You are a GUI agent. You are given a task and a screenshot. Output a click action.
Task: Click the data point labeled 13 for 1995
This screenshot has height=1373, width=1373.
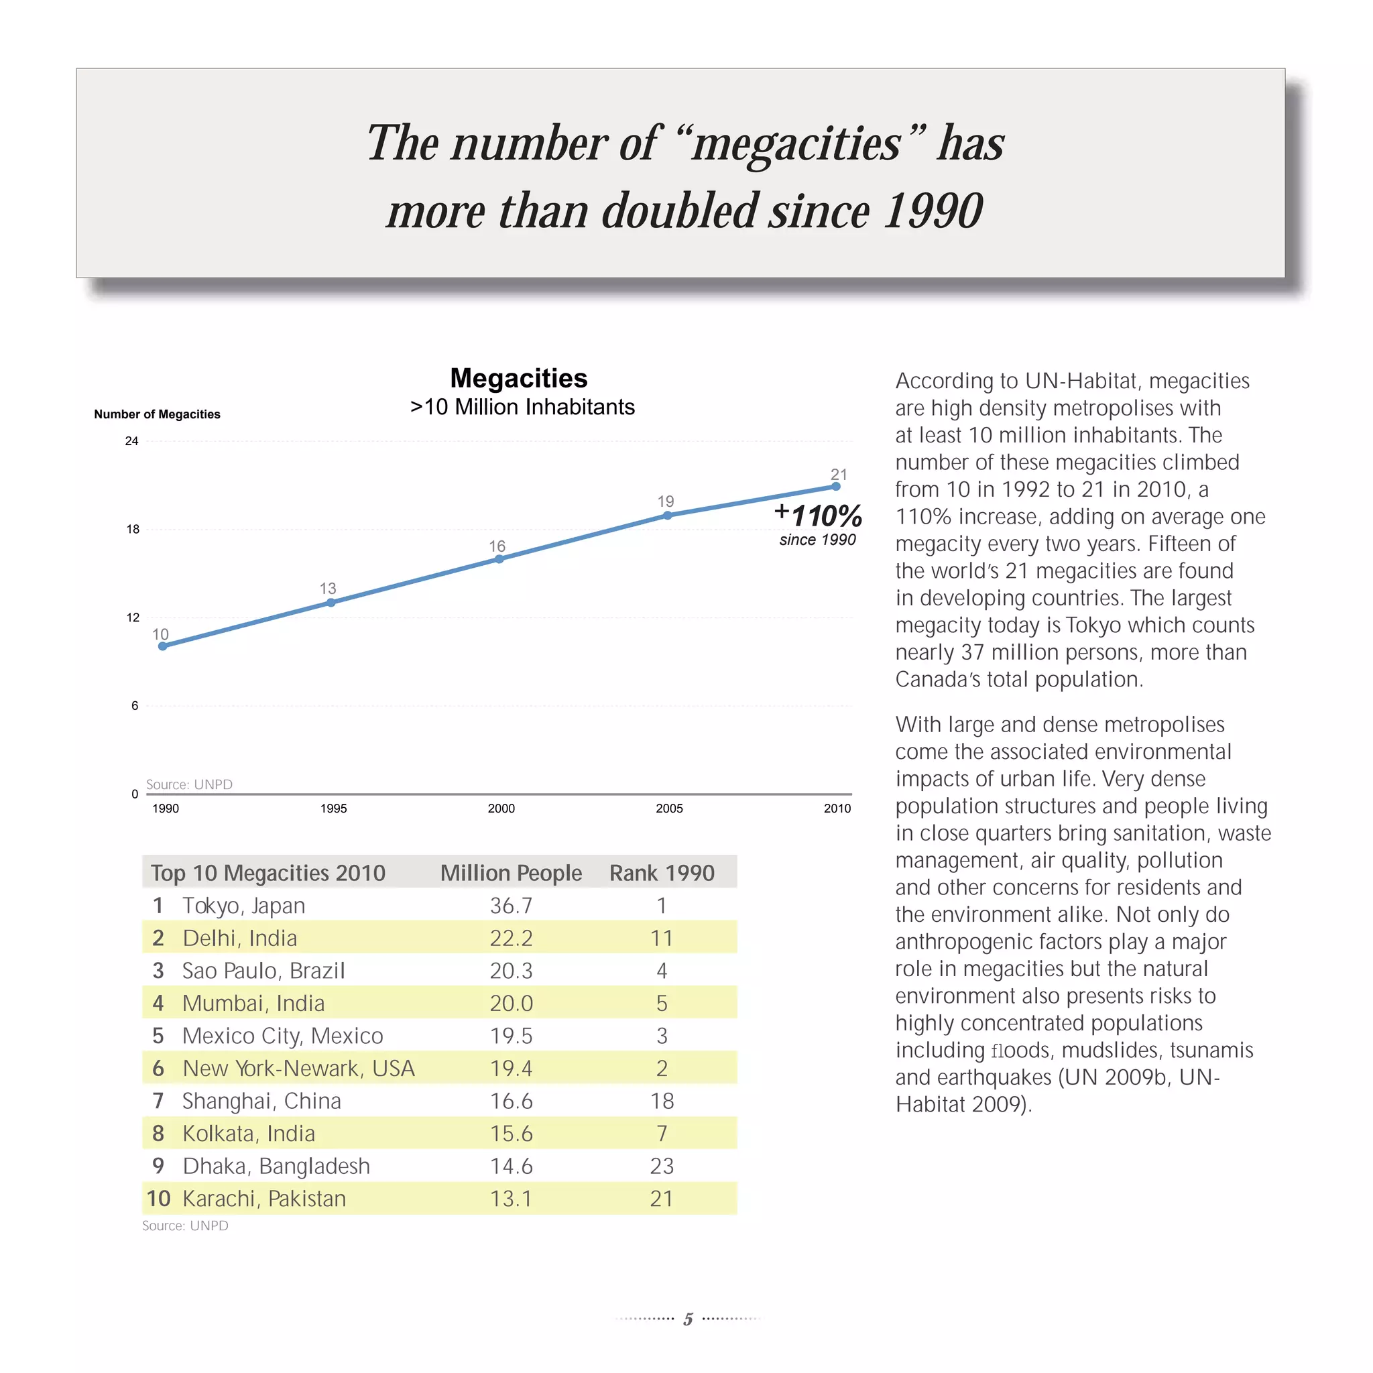coord(331,603)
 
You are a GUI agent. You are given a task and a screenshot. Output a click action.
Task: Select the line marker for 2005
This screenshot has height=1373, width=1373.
coord(667,516)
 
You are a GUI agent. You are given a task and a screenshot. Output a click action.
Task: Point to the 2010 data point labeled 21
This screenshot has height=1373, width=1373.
coord(836,487)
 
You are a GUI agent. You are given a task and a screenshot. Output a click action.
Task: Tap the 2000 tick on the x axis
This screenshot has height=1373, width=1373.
coord(501,808)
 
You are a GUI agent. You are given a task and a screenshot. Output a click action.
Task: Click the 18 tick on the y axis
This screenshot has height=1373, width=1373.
coord(133,530)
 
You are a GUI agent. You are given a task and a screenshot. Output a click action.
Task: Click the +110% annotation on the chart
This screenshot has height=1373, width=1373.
coord(819,516)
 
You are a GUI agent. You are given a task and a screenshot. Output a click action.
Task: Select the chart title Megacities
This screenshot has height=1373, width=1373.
coord(519,378)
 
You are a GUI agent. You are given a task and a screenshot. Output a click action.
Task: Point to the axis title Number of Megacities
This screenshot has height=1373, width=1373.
coord(157,414)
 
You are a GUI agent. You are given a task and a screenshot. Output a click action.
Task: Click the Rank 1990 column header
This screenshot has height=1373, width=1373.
coord(662,873)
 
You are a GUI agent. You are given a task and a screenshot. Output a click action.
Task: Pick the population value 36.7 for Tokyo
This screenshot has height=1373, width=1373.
coord(511,905)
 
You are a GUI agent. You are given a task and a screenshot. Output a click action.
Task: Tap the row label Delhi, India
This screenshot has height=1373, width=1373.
coord(239,938)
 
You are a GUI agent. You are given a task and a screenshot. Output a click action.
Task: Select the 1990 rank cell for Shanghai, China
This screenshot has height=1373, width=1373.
coord(662,1101)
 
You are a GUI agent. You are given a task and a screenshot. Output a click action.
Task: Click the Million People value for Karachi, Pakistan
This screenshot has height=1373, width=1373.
coord(511,1199)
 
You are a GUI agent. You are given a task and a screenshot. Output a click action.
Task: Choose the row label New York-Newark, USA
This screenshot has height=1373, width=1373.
coord(298,1068)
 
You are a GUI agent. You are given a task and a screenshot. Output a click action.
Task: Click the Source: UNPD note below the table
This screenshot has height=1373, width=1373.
coord(185,1226)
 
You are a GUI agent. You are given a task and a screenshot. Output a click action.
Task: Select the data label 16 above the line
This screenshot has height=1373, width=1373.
coord(497,546)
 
